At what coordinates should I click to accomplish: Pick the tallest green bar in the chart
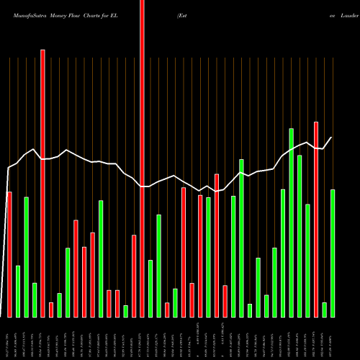[291, 222]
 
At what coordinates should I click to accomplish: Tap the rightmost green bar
[333, 253]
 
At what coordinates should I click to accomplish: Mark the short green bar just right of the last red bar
[325, 310]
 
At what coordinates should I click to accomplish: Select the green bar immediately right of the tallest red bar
[150, 288]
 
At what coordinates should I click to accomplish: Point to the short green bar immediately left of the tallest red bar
[125, 311]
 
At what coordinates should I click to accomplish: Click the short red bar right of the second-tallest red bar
[51, 310]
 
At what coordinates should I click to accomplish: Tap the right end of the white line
[332, 138]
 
